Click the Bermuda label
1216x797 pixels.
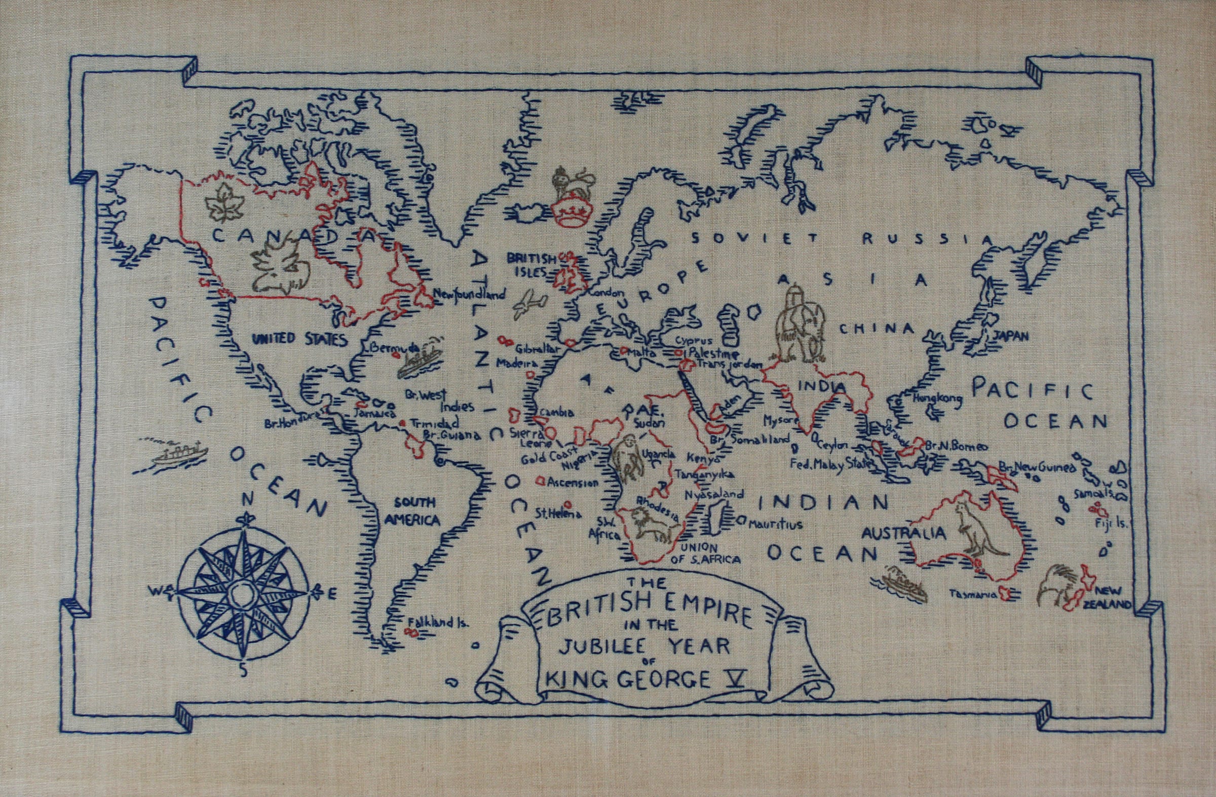click(x=389, y=348)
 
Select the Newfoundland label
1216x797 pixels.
click(x=470, y=295)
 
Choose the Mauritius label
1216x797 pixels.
click(x=776, y=525)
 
